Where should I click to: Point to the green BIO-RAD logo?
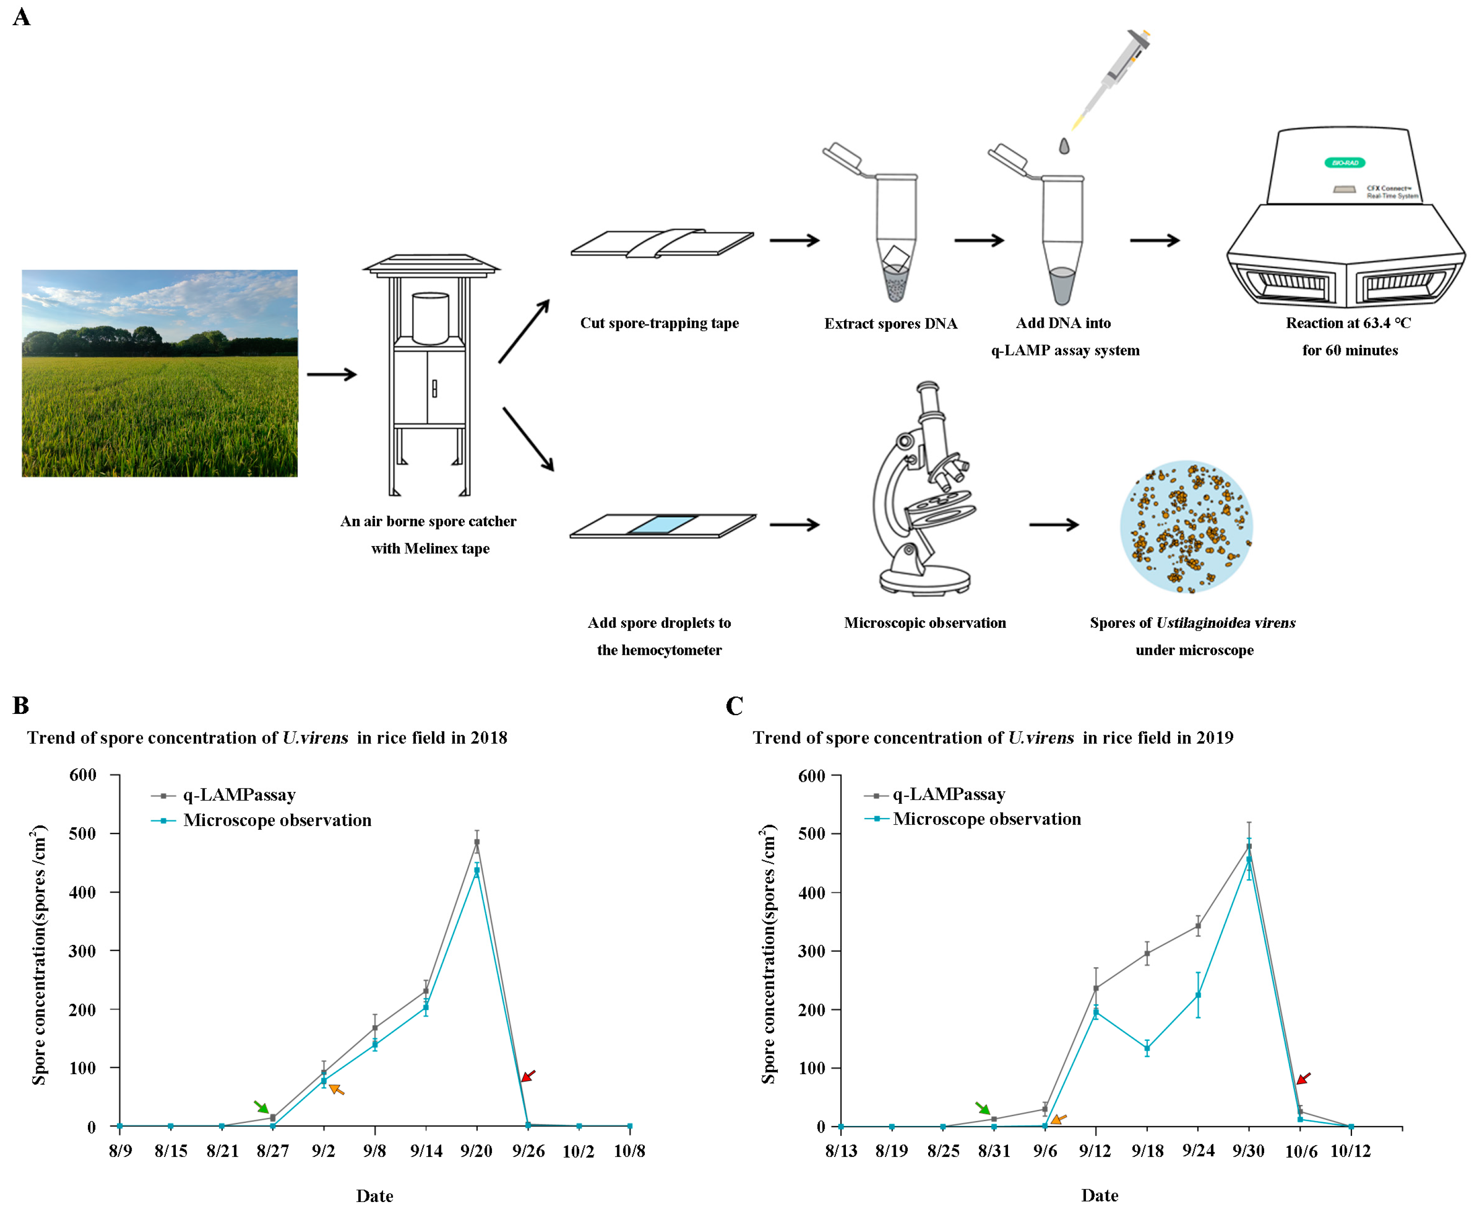click(x=1344, y=163)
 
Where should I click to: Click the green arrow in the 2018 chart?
click(x=260, y=1106)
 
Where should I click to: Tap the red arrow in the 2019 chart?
click(x=1304, y=1078)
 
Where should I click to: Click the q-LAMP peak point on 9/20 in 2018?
click(x=477, y=842)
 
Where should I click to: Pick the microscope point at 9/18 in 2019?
click(x=1146, y=1048)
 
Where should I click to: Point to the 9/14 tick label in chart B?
click(x=426, y=1151)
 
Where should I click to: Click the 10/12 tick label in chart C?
click(x=1350, y=1151)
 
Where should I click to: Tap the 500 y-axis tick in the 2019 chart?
click(x=811, y=834)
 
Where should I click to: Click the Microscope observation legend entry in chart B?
click(x=277, y=820)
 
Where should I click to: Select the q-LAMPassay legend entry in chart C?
click(x=948, y=795)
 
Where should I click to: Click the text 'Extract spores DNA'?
click(x=890, y=323)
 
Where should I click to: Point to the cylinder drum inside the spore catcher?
click(x=430, y=317)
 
